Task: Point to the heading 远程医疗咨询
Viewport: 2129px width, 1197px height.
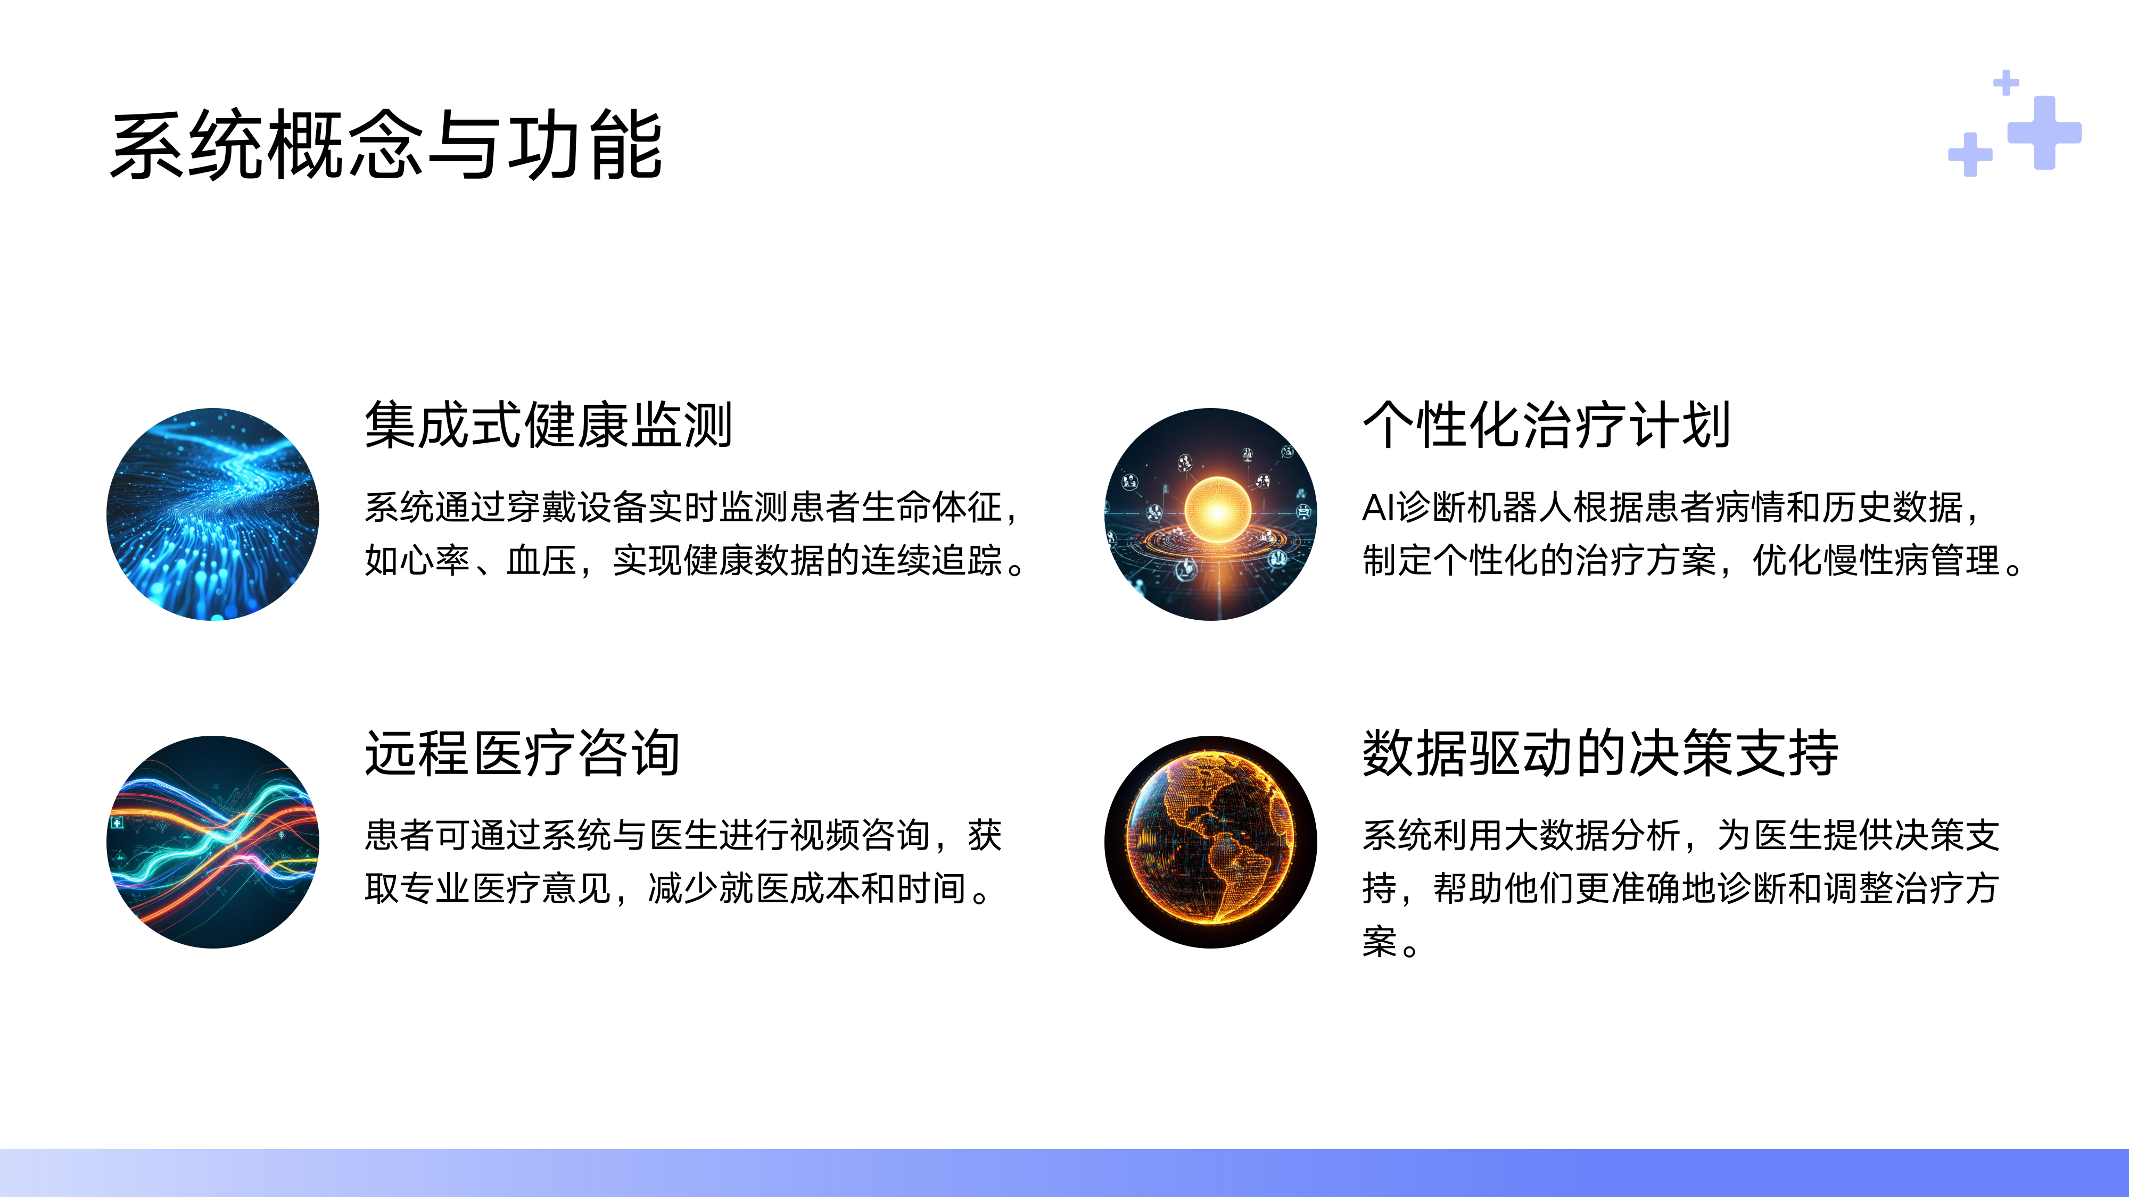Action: click(x=522, y=753)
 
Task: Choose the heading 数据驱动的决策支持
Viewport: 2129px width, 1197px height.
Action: click(x=1600, y=753)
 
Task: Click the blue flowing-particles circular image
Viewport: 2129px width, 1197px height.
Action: click(x=213, y=514)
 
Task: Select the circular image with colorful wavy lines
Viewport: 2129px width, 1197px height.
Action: click(x=213, y=842)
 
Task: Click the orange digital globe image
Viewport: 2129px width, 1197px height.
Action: click(x=1211, y=842)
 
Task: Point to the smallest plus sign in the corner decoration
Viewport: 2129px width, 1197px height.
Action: click(x=2006, y=82)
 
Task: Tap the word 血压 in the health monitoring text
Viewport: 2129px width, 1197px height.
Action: click(x=541, y=561)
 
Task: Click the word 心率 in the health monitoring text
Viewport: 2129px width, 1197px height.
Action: click(x=435, y=561)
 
